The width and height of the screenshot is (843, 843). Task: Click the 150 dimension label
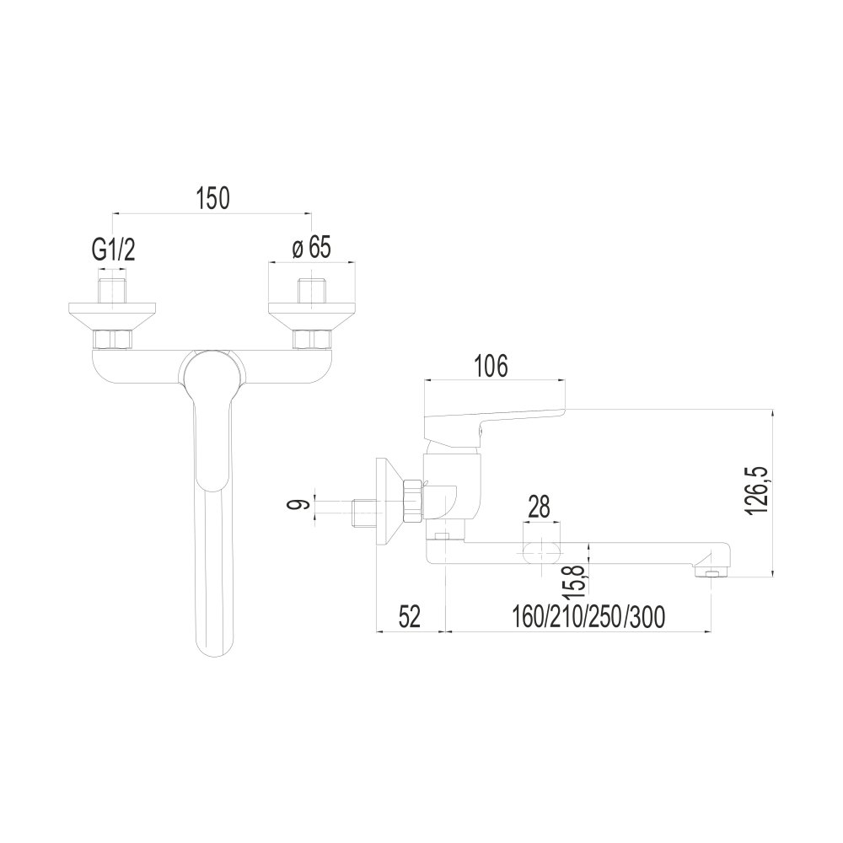tap(213, 198)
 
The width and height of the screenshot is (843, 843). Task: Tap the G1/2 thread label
tap(114, 250)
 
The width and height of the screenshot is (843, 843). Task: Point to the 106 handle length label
tap(491, 367)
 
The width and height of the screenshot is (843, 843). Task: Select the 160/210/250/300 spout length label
tap(588, 617)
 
